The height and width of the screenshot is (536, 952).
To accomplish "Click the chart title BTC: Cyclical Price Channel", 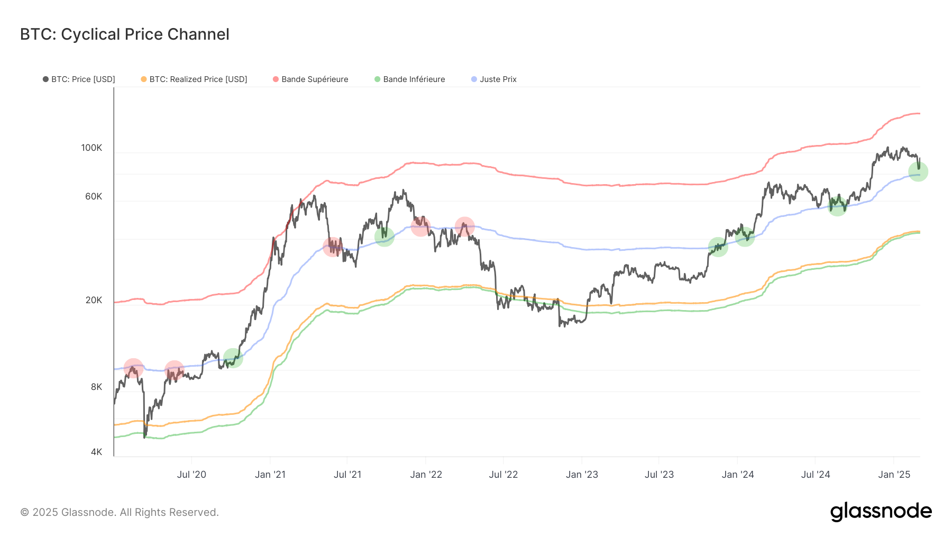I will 124,34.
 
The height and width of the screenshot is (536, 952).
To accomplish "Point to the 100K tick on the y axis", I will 91,148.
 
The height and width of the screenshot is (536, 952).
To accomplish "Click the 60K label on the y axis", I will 94,196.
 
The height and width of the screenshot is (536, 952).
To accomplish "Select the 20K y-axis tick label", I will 94,300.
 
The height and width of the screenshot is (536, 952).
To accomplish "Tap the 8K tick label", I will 96,387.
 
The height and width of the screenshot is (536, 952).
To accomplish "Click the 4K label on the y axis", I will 96,452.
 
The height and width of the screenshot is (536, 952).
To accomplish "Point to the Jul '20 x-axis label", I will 191,475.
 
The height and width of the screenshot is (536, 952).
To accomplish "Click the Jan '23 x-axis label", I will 582,475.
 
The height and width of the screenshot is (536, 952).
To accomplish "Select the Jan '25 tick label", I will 894,475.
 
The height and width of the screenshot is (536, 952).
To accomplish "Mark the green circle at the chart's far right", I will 918,171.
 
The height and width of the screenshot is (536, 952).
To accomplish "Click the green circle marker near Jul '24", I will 837,206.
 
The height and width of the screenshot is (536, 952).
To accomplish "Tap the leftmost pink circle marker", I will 133,368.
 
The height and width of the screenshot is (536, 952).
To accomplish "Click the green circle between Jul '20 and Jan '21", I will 233,358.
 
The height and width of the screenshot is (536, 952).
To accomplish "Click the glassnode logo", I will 881,512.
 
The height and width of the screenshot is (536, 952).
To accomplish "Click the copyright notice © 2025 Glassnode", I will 120,512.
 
